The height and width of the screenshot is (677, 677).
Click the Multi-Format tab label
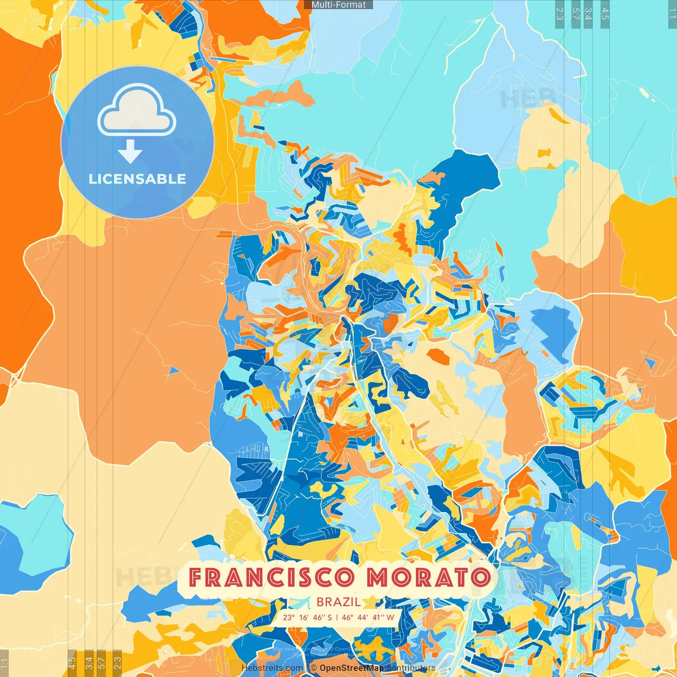[338, 5]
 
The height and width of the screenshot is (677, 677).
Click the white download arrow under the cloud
[130, 153]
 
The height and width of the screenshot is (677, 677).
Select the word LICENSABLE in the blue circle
[138, 179]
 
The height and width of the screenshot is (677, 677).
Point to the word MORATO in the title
[428, 578]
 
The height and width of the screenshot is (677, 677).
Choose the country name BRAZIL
[339, 602]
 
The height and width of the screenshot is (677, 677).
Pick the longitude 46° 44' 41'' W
[368, 617]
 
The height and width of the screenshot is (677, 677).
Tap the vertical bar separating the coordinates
[337, 617]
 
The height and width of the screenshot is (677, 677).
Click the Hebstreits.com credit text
[272, 668]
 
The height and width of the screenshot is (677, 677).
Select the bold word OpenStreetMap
[352, 668]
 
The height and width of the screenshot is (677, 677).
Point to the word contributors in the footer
[411, 668]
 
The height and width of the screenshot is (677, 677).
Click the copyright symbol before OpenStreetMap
[314, 668]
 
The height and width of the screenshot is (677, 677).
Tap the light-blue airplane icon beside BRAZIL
[300, 602]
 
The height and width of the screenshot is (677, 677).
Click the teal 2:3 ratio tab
[560, 14]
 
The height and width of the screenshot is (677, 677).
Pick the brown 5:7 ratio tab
[102, 661]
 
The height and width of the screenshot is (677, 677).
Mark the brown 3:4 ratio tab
[89, 661]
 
